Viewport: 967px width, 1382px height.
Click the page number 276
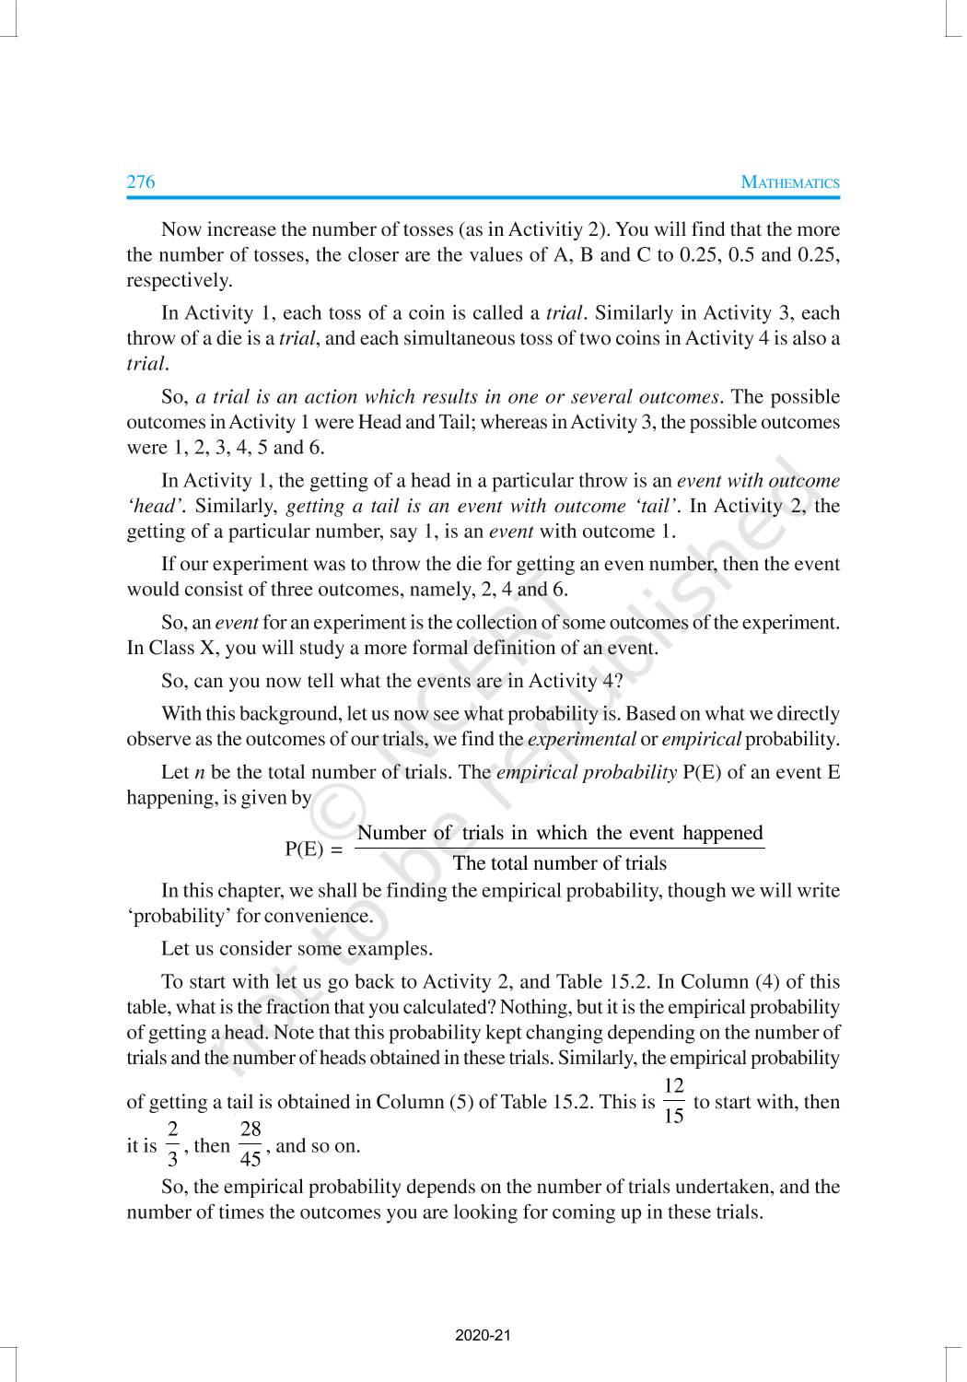(141, 182)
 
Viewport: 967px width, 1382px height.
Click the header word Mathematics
(790, 182)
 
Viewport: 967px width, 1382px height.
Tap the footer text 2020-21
(483, 1335)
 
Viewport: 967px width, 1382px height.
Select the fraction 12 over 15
(673, 1101)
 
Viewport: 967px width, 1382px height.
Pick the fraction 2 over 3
(172, 1144)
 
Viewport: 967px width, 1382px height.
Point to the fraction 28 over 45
(250, 1144)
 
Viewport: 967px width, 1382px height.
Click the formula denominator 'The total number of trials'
(560, 863)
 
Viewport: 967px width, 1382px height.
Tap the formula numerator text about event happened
(560, 833)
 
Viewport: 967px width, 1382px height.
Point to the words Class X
(181, 648)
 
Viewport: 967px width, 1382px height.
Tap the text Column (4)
(726, 982)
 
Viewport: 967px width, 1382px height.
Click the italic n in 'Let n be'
(199, 772)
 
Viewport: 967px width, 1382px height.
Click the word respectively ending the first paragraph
(179, 280)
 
